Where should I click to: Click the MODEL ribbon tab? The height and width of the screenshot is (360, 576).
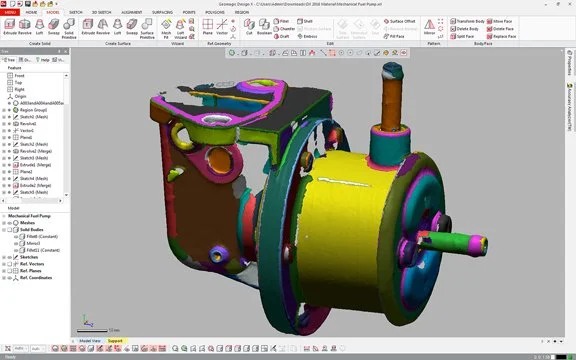click(x=52, y=11)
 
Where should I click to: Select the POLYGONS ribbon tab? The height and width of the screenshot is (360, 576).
click(x=216, y=11)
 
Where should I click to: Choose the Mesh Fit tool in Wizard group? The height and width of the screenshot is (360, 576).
click(x=166, y=31)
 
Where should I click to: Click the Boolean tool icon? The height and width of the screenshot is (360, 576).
click(x=263, y=31)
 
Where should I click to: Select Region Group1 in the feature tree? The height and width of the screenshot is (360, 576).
click(x=36, y=110)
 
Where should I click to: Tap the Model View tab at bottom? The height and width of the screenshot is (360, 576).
click(x=90, y=340)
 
